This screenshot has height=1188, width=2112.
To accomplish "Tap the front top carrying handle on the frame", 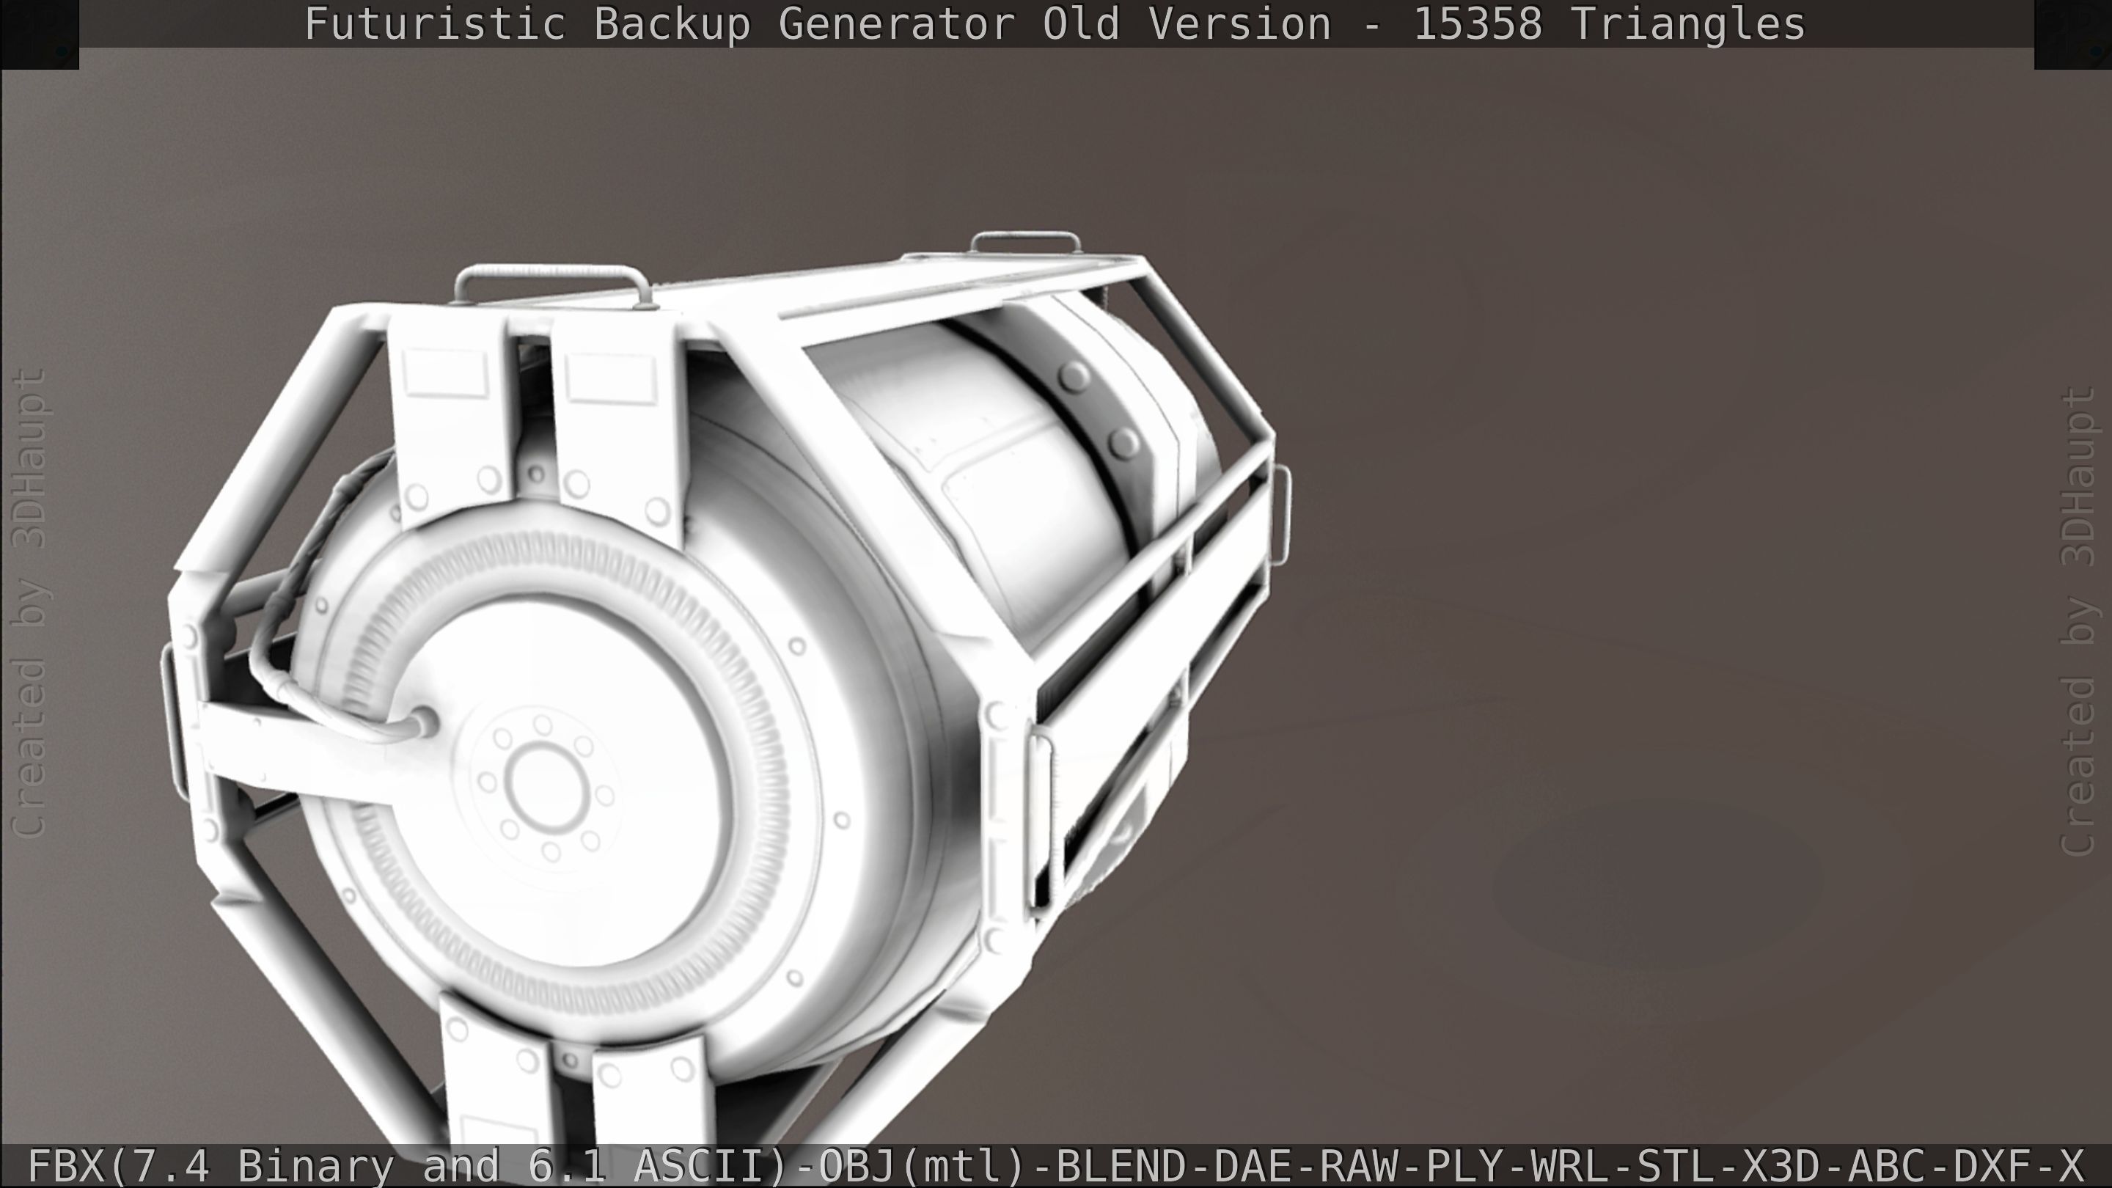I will pos(551,277).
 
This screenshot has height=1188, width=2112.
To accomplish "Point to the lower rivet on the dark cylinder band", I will pos(1124,444).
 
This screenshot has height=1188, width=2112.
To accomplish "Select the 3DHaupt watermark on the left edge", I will pos(31,459).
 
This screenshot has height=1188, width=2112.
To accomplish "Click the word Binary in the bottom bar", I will pos(315,1166).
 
